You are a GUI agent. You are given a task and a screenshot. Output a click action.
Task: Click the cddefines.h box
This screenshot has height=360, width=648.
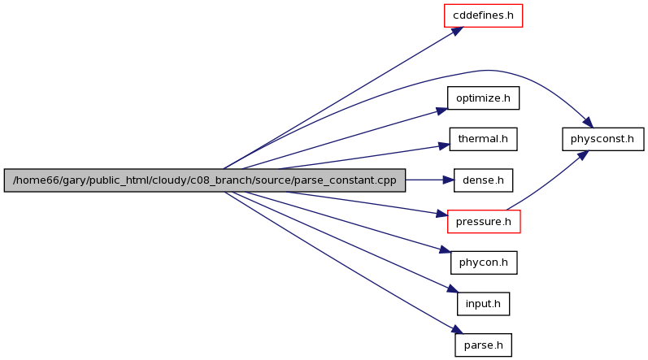tap(483, 15)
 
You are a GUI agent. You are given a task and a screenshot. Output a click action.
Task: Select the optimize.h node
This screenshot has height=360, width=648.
tap(483, 98)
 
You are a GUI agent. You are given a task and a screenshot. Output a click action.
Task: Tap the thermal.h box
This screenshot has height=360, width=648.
tap(483, 139)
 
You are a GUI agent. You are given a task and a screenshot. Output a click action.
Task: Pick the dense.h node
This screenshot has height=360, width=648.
tap(483, 180)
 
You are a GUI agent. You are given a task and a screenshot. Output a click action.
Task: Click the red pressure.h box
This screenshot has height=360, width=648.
tap(484, 221)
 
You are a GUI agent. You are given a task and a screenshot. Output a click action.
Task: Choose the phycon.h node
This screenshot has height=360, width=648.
tap(484, 262)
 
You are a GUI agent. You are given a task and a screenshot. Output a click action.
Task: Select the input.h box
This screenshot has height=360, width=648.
tap(483, 304)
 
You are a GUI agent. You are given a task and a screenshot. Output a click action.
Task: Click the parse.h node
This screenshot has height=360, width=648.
tap(483, 345)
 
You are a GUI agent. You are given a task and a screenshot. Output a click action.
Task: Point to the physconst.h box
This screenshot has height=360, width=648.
tap(602, 139)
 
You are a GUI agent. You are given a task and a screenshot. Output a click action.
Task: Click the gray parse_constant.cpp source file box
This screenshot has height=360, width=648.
tap(205, 180)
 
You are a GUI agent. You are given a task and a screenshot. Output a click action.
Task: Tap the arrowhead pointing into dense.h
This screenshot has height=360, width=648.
tap(448, 180)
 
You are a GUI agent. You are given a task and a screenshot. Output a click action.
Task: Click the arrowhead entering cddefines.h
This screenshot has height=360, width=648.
tap(457, 31)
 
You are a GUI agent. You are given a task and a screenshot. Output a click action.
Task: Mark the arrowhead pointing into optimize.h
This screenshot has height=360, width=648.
tap(441, 111)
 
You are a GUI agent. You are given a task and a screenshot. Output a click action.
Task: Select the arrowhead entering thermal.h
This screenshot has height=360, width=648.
tap(444, 145)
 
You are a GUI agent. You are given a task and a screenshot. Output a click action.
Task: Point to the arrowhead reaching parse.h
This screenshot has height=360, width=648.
tap(457, 329)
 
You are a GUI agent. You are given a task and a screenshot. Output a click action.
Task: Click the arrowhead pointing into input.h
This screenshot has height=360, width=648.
tap(453, 288)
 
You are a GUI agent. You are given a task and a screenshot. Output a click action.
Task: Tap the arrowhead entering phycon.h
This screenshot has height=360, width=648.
tap(445, 249)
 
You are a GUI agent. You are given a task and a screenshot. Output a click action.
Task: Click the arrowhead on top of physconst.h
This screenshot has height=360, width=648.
tap(588, 123)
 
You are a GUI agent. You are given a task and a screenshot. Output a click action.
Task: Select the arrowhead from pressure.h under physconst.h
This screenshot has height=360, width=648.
tap(583, 156)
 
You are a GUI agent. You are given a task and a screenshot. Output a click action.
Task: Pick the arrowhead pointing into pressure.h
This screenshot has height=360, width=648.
tap(442, 214)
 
